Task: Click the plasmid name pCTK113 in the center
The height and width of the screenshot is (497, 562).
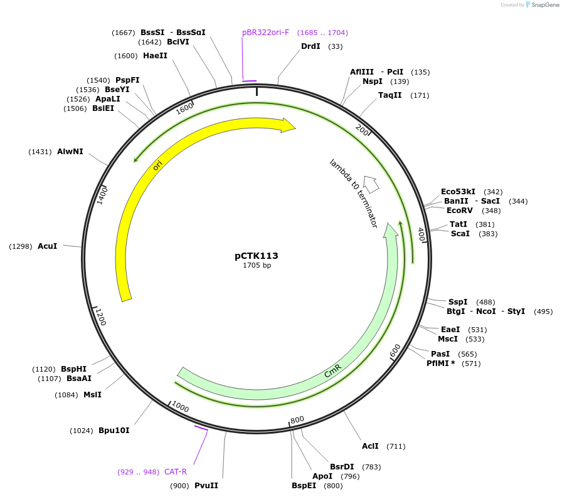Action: click(257, 256)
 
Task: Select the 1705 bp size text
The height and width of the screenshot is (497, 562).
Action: click(257, 265)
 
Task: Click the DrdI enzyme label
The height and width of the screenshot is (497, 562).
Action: click(310, 46)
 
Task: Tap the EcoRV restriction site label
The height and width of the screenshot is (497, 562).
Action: click(460, 211)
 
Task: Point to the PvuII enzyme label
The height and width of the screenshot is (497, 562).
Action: click(206, 485)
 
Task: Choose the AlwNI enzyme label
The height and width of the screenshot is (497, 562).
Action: click(70, 152)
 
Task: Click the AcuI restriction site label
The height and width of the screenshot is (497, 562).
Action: click(48, 246)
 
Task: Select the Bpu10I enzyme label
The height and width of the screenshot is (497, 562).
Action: click(114, 431)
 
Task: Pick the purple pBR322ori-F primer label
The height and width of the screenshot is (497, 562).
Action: click(265, 33)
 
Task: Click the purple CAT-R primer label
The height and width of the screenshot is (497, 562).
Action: click(176, 472)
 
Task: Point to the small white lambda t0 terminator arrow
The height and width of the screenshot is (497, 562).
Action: click(371, 184)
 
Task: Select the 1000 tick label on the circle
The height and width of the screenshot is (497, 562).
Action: click(179, 408)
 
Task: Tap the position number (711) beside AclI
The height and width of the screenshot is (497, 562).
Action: click(396, 446)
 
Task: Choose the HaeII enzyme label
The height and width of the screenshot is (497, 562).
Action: click(155, 56)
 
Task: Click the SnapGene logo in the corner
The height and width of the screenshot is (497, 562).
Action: click(543, 5)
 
